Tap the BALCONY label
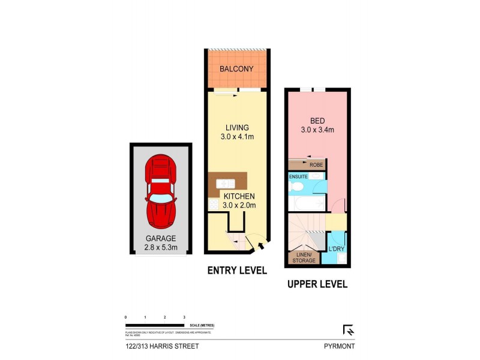236,69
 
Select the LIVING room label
237,127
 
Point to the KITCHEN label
240,196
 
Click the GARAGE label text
161,238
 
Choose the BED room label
317,119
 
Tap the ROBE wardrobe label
316,164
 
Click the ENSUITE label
298,176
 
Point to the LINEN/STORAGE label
304,257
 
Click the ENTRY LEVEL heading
237,271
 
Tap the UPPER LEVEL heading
317,284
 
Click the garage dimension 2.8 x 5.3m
161,247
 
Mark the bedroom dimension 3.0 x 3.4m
317,129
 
